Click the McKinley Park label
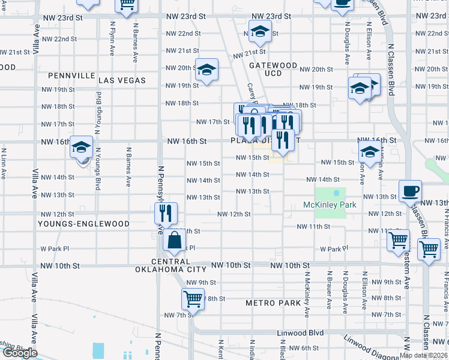click(x=330, y=205)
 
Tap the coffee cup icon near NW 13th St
click(x=411, y=191)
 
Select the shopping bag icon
click(x=174, y=241)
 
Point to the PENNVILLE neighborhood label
click(x=74, y=76)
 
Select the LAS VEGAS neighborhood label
click(x=122, y=80)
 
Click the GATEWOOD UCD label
click(x=273, y=69)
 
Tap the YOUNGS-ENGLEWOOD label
click(x=83, y=224)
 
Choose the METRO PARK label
click(x=273, y=303)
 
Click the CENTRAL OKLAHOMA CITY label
click(x=171, y=265)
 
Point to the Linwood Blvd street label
click(x=300, y=333)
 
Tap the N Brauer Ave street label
click(x=329, y=290)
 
